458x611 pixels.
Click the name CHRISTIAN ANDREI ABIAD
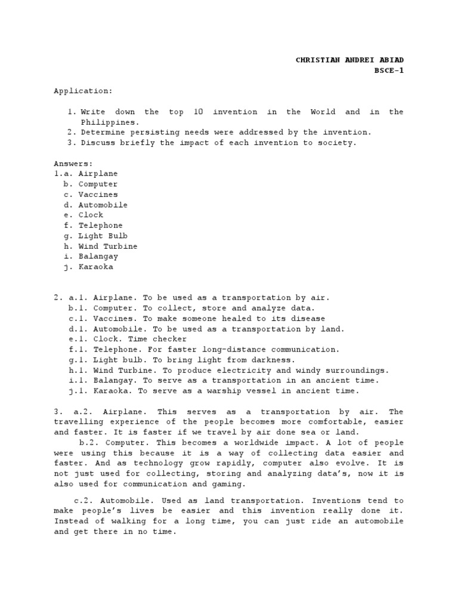(349, 60)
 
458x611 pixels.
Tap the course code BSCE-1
(389, 70)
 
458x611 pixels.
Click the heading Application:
(83, 91)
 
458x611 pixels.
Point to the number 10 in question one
(199, 112)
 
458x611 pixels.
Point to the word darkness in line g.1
(273, 360)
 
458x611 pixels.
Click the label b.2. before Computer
(91, 443)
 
